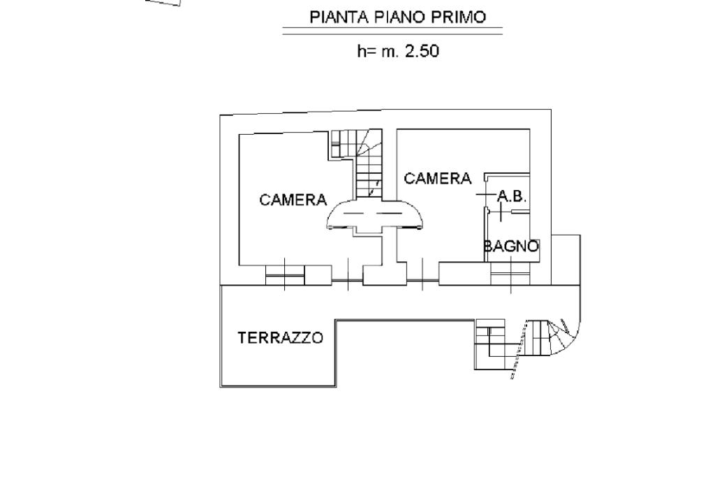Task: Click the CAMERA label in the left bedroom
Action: pyautogui.click(x=293, y=200)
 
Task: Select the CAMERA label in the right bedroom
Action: pyautogui.click(x=438, y=179)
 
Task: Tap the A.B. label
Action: pyautogui.click(x=511, y=197)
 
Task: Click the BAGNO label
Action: pyautogui.click(x=512, y=246)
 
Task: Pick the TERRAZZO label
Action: pyautogui.click(x=281, y=338)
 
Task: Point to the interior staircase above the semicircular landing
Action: pyautogui.click(x=368, y=164)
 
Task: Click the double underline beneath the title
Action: pyautogui.click(x=392, y=31)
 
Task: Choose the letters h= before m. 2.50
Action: pyautogui.click(x=366, y=51)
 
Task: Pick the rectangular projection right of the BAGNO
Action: pyautogui.click(x=566, y=260)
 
